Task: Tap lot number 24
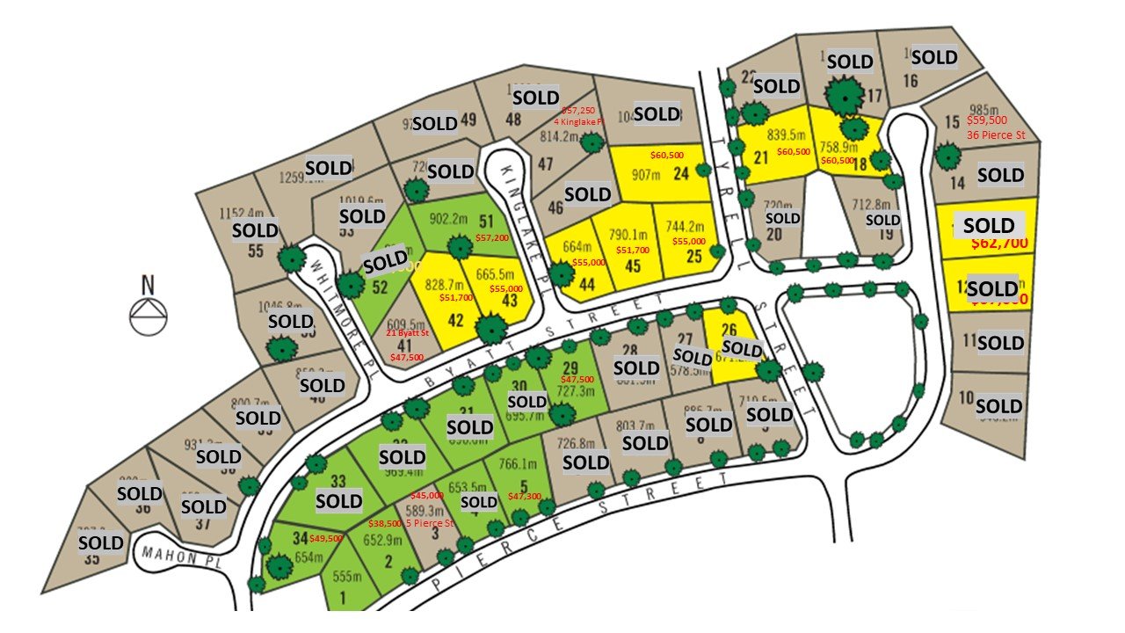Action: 681,174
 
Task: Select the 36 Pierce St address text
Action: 996,135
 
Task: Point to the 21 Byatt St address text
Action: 406,333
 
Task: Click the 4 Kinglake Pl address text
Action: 578,121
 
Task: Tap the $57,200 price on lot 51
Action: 492,238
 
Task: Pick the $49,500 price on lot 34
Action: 326,538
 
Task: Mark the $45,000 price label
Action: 427,495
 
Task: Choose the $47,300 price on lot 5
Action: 525,496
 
